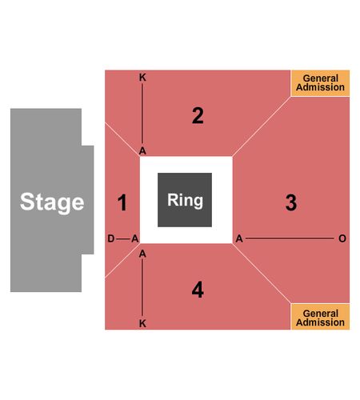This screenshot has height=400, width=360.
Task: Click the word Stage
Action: pos(52,202)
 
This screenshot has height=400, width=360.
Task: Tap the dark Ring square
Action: pos(185,200)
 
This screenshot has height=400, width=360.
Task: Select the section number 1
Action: pos(122,202)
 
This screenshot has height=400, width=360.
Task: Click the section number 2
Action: pos(198,116)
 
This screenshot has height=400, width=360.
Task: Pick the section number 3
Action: pos(291,202)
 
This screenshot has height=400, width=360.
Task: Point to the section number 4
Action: pos(198,290)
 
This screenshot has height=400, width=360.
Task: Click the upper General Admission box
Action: pos(320,83)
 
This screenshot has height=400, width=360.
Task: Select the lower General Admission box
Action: pos(320,317)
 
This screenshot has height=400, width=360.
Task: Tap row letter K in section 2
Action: pos(142,78)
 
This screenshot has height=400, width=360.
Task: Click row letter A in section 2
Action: pos(142,151)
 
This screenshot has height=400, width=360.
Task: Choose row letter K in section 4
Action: pos(142,323)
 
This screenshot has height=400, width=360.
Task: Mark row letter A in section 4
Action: pos(142,254)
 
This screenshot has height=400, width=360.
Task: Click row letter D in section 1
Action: pos(111,238)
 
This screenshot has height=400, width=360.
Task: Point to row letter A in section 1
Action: pos(135,238)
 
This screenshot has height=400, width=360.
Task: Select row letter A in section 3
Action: pos(239,238)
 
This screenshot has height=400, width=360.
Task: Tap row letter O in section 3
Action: pos(342,238)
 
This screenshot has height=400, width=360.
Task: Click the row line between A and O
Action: pos(290,238)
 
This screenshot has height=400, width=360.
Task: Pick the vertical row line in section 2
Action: pos(142,114)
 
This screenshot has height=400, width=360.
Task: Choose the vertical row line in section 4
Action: pos(142,288)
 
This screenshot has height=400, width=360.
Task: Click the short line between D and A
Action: pos(122,238)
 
